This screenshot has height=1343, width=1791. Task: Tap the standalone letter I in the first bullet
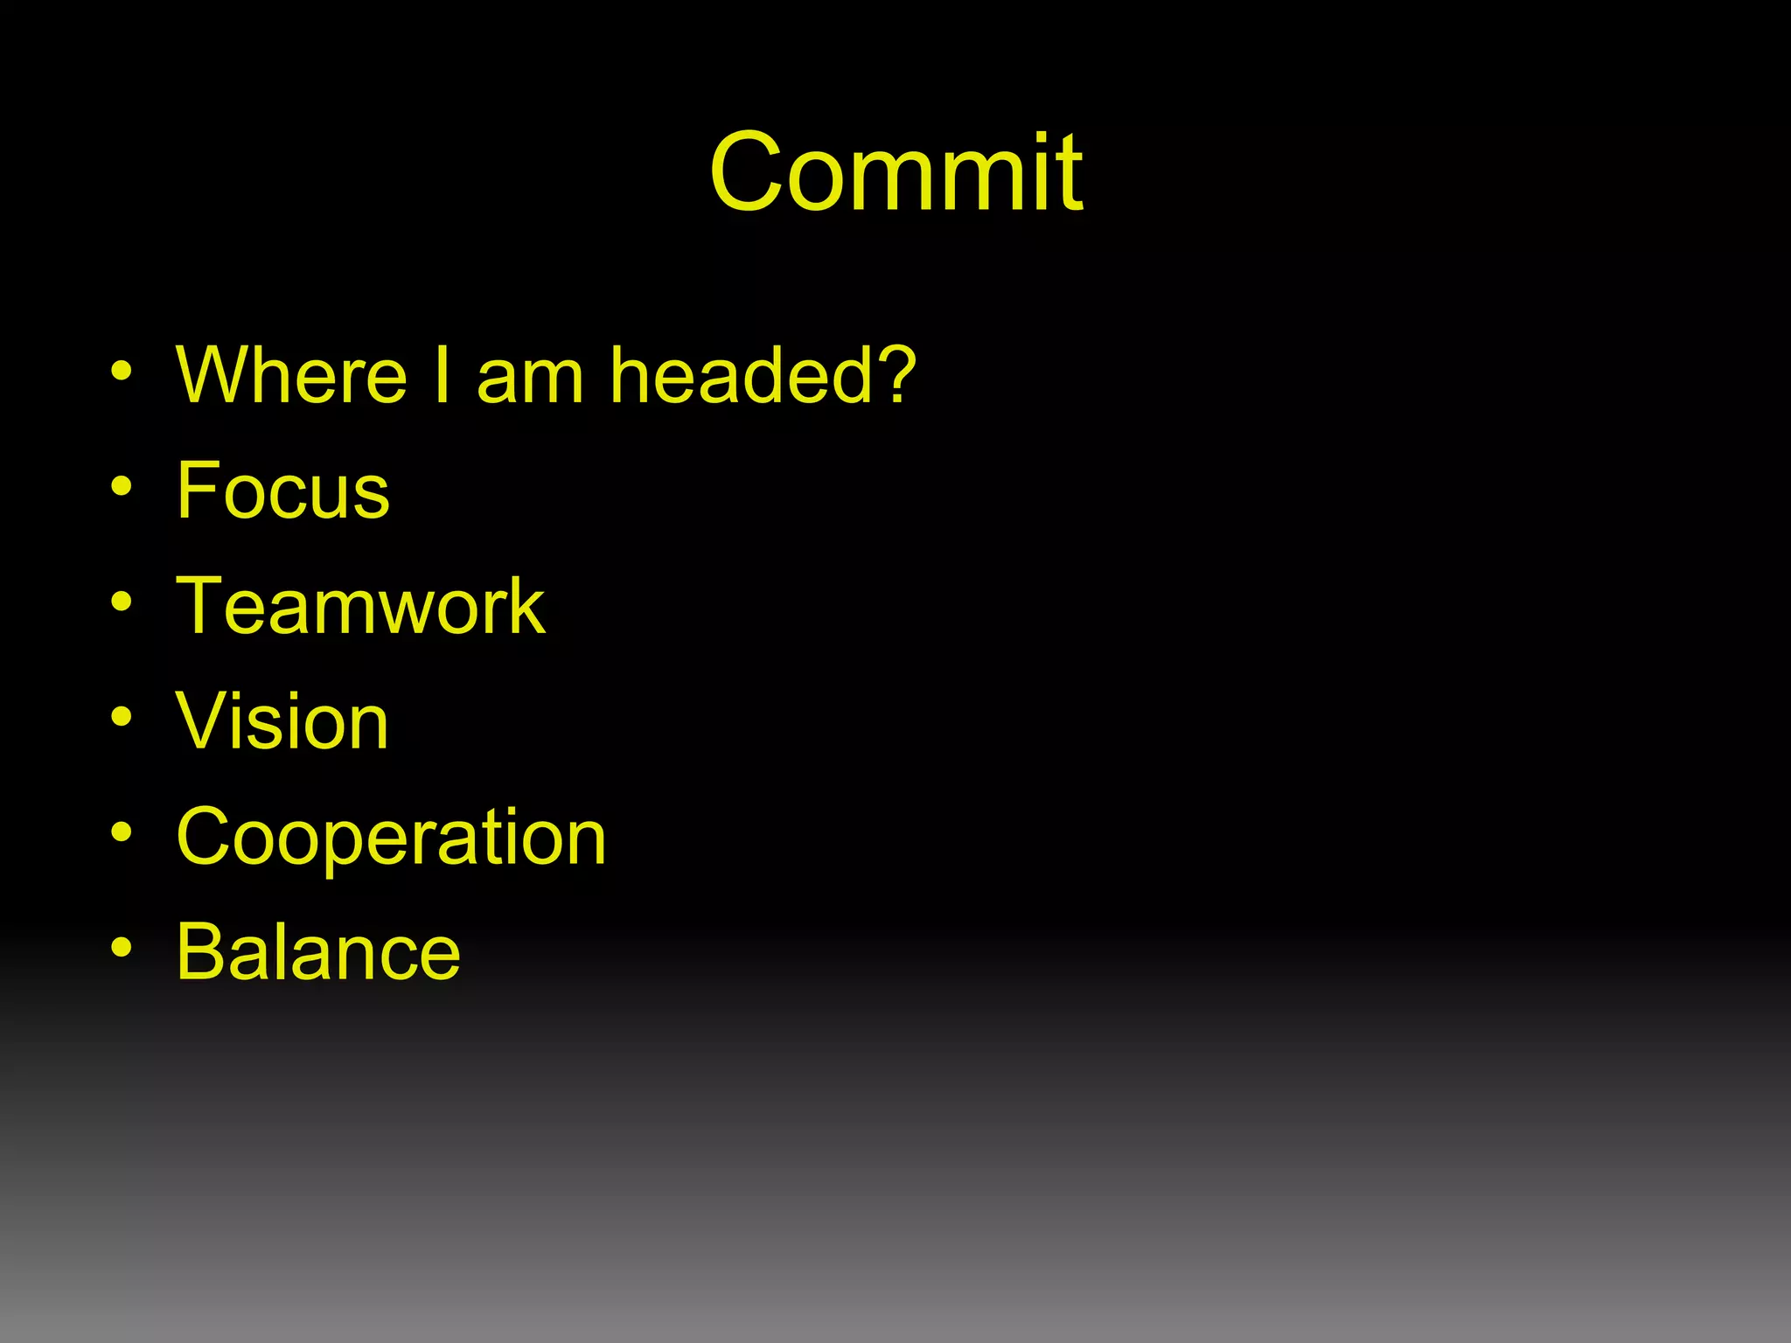click(x=442, y=375)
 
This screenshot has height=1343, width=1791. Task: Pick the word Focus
click(x=282, y=491)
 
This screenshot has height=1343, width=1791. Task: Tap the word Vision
click(x=282, y=721)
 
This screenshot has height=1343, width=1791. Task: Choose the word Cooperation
click(x=391, y=837)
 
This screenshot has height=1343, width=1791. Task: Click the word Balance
click(x=318, y=952)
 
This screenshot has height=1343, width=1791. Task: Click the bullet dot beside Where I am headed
click(x=122, y=372)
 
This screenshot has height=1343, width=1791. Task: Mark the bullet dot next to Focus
click(x=122, y=487)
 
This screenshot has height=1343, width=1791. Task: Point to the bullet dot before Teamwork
click(x=122, y=602)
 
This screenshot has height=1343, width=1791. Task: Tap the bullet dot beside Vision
click(x=122, y=718)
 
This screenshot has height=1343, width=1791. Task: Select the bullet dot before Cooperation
click(x=122, y=833)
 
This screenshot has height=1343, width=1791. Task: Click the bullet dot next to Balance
click(x=122, y=949)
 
